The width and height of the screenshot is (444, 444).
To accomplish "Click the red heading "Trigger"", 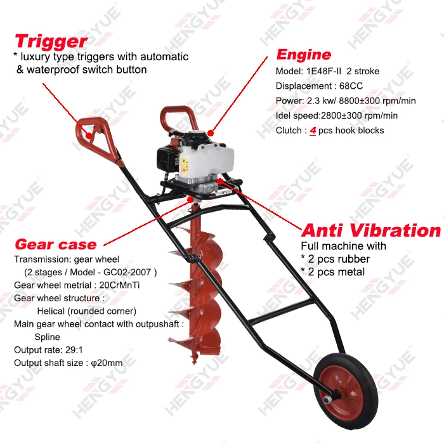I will (x=50, y=41).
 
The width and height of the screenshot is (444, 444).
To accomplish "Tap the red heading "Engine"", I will (x=304, y=54).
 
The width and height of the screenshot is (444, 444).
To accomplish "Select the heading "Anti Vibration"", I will (x=370, y=230).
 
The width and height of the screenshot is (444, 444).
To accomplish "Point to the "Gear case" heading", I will (x=55, y=244).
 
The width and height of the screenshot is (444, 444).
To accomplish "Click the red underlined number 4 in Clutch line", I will (x=313, y=131).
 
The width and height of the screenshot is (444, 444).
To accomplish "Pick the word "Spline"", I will (x=48, y=337).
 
